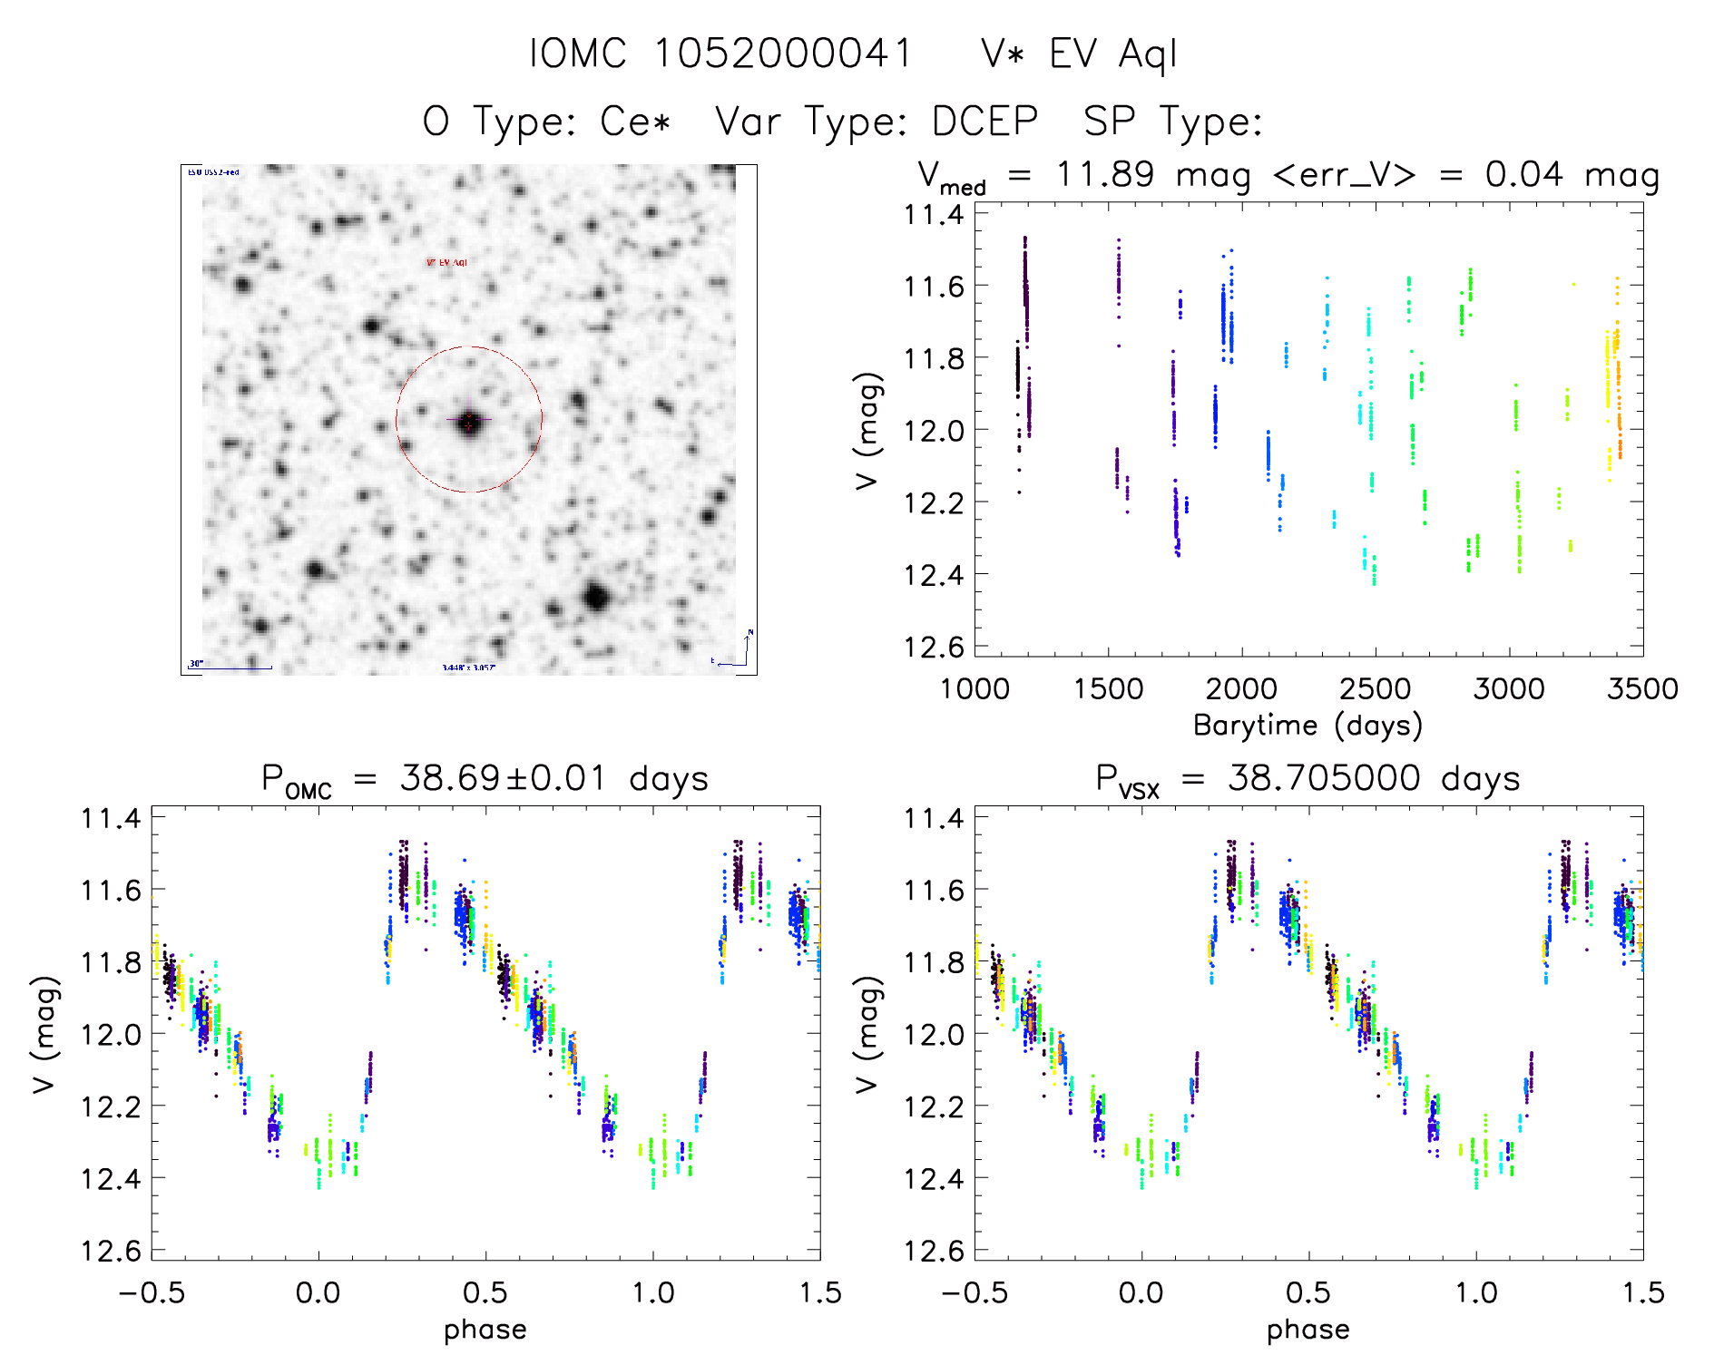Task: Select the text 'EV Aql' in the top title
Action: click(1113, 54)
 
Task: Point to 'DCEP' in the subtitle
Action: click(984, 122)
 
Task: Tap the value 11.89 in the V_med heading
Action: click(1105, 174)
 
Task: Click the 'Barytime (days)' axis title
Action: click(1308, 726)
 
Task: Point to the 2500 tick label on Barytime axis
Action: click(1375, 689)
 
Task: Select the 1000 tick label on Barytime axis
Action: click(975, 689)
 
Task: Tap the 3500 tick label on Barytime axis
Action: click(1641, 689)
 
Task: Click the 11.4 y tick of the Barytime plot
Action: click(933, 215)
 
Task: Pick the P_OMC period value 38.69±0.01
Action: click(503, 778)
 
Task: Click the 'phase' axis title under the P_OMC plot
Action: click(485, 1330)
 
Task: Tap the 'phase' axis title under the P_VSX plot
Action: click(1308, 1330)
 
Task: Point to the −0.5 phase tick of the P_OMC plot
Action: click(152, 1293)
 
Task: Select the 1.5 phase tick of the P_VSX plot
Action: click(1642, 1293)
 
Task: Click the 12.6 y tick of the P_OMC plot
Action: click(111, 1252)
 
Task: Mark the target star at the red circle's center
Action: click(468, 422)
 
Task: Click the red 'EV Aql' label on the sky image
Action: click(447, 263)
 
